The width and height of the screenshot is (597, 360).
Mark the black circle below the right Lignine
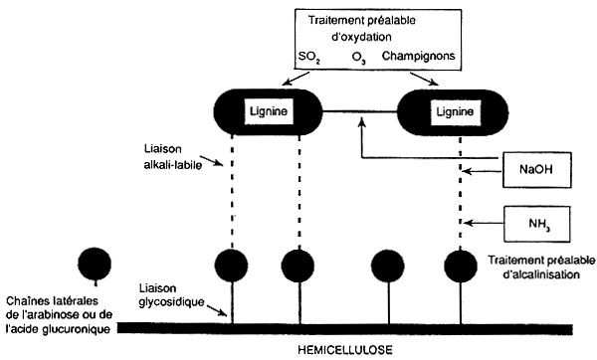point(459,267)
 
